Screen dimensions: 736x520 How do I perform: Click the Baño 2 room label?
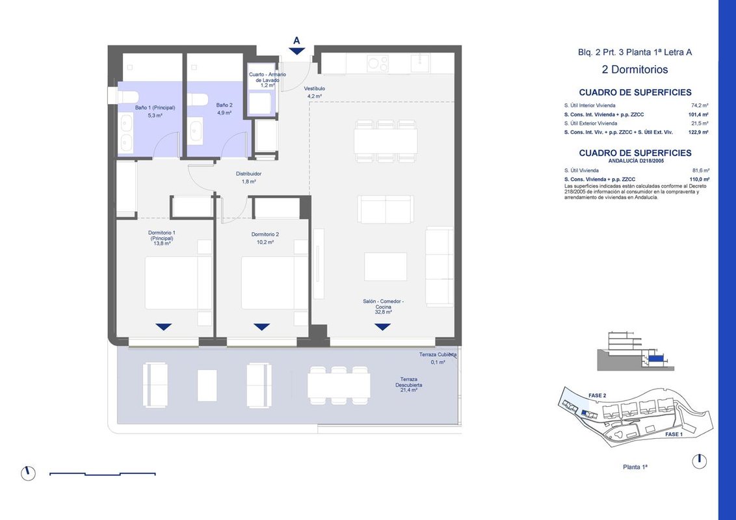pos(224,105)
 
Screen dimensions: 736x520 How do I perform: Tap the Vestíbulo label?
pos(315,88)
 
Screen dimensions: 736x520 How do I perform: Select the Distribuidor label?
pos(249,174)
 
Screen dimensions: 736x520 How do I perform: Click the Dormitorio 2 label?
pos(265,234)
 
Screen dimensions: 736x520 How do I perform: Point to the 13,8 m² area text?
pos(162,244)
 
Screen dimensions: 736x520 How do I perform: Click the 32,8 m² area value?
pos(384,311)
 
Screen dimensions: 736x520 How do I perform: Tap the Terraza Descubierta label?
pos(409,382)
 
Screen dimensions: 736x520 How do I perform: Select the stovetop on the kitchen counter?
pos(378,63)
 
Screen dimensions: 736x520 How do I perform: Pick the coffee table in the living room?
pos(386,266)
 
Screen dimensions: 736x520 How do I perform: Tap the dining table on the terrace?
pos(339,385)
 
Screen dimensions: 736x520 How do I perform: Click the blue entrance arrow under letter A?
pos(296,51)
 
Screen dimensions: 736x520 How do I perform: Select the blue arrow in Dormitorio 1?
pos(163,327)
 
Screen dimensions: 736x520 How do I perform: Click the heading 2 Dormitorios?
pos(635,70)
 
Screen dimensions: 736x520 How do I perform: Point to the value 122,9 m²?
pos(699,133)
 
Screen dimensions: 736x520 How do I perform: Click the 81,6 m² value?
pos(701,171)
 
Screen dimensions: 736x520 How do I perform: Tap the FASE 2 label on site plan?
pos(597,396)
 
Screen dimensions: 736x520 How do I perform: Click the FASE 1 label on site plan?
pos(674,435)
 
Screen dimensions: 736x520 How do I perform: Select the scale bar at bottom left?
pos(102,474)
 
